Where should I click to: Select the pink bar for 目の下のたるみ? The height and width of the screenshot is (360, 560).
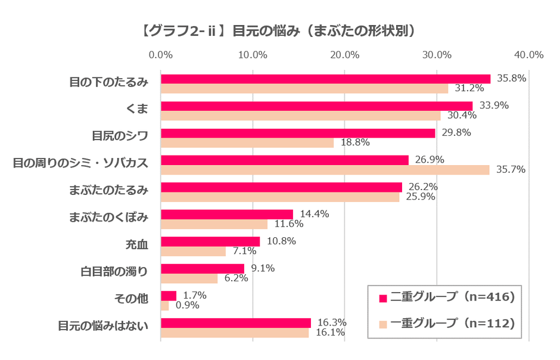[x=325, y=79]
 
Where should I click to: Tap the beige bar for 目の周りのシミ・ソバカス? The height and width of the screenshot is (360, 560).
[x=325, y=170]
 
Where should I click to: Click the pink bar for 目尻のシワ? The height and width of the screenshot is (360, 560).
[x=298, y=133]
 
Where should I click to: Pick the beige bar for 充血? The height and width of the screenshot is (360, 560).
[x=193, y=251]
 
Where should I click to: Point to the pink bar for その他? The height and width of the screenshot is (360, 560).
[x=169, y=296]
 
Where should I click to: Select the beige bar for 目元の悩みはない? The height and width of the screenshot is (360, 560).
[x=235, y=333]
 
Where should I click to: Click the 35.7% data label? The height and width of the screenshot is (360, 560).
[x=511, y=170]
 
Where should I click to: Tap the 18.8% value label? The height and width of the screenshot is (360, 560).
[x=355, y=142]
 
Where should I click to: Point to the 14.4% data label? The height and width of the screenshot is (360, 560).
[x=315, y=214]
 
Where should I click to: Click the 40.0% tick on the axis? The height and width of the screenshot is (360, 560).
[x=528, y=55]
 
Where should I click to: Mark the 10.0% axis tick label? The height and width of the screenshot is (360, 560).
[x=253, y=55]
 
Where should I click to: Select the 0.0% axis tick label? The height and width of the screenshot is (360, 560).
[x=161, y=55]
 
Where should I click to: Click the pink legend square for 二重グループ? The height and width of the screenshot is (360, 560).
[x=382, y=297]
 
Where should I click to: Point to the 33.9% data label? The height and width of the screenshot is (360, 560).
[x=511, y=105]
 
